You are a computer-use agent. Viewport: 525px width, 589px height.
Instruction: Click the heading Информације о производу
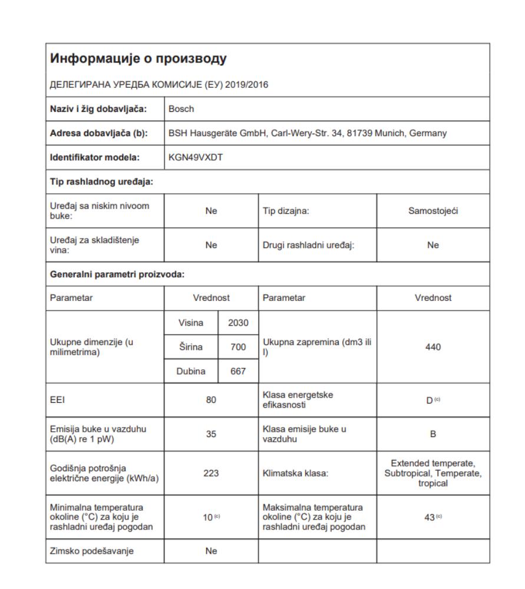[138, 59]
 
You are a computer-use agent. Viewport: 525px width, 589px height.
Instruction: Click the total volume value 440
[432, 348]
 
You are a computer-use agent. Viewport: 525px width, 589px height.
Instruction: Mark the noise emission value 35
[211, 434]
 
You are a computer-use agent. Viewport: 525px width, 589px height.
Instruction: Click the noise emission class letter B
[432, 434]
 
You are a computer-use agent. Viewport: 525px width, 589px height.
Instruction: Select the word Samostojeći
[432, 212]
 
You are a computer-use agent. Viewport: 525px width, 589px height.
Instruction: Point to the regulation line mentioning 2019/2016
[160, 84]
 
